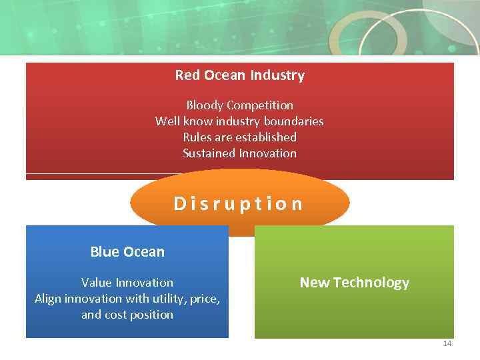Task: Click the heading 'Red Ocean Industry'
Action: point(239,75)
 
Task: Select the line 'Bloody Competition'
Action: point(239,105)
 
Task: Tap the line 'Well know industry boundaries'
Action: point(239,121)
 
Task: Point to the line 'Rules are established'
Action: point(239,137)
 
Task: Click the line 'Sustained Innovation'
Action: point(239,153)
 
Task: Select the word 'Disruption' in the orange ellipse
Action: point(239,203)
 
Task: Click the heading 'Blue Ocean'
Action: point(127,252)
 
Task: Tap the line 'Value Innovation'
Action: point(127,283)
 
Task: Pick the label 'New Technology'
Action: point(354,283)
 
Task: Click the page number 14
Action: point(447,344)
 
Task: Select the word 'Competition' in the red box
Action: point(259,105)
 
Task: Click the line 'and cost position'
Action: point(127,315)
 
